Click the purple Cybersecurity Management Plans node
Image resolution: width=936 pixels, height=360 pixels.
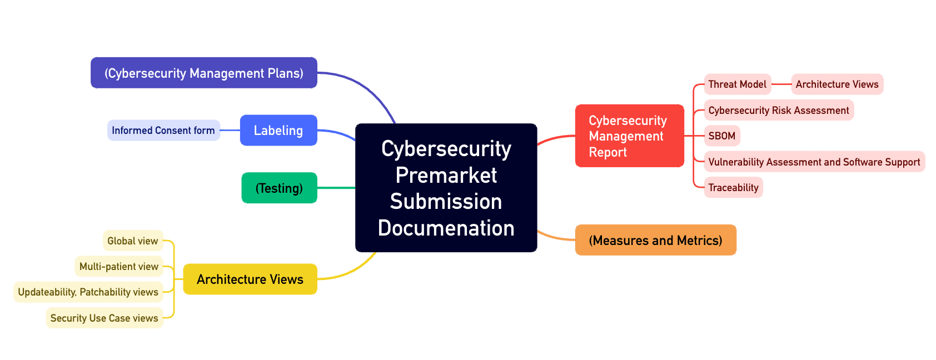coord(204,73)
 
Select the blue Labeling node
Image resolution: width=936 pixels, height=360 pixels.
coord(278,131)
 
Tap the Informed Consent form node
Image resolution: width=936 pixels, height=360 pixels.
coord(163,131)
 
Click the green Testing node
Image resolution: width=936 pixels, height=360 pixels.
coord(279,188)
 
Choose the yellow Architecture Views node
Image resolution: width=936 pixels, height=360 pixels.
coord(250,279)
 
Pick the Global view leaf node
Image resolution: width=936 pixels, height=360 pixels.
coord(133,241)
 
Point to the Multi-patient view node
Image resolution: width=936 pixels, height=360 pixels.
coord(119,266)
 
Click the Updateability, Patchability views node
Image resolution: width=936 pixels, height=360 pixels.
coord(88,292)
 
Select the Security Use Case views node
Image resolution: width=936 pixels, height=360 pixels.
coord(104,318)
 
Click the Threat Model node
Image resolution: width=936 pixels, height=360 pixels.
coord(737,84)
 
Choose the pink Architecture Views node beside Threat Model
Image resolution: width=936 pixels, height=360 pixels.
coord(837,84)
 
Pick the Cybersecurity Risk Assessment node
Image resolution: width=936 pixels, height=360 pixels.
coord(779,110)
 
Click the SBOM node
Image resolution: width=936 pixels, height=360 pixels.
coord(722,136)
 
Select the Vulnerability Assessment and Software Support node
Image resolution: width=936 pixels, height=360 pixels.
coord(814,162)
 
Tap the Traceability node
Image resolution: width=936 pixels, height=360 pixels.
coord(733,188)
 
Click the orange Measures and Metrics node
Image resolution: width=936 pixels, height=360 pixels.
coord(656,240)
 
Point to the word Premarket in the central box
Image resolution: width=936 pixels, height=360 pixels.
coord(446,176)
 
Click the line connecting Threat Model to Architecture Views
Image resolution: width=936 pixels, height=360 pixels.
coord(781,84)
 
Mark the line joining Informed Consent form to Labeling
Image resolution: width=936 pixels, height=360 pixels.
coord(230,131)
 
